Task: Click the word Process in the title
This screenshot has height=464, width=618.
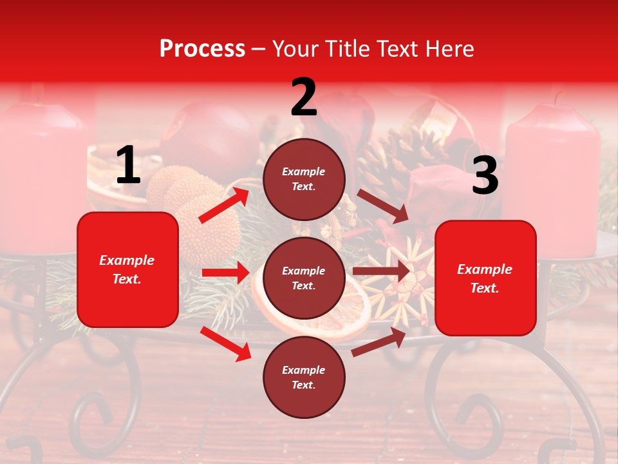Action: (x=202, y=49)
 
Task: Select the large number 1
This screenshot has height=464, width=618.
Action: (x=128, y=166)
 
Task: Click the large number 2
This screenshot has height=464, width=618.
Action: (x=304, y=98)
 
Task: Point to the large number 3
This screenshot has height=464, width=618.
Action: (x=485, y=176)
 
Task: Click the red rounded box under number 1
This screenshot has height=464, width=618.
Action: (x=127, y=269)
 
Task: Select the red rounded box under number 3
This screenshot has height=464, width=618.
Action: (x=485, y=278)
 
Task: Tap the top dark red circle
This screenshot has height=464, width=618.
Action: (x=304, y=179)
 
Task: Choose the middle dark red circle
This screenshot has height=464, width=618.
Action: (x=304, y=278)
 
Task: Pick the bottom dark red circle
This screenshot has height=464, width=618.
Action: (x=304, y=377)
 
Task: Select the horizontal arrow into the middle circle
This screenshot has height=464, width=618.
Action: (x=225, y=273)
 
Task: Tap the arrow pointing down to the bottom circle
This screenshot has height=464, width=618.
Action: (x=226, y=343)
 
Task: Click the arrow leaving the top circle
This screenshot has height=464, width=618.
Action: (x=382, y=206)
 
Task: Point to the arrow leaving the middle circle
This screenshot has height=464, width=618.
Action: (x=381, y=271)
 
